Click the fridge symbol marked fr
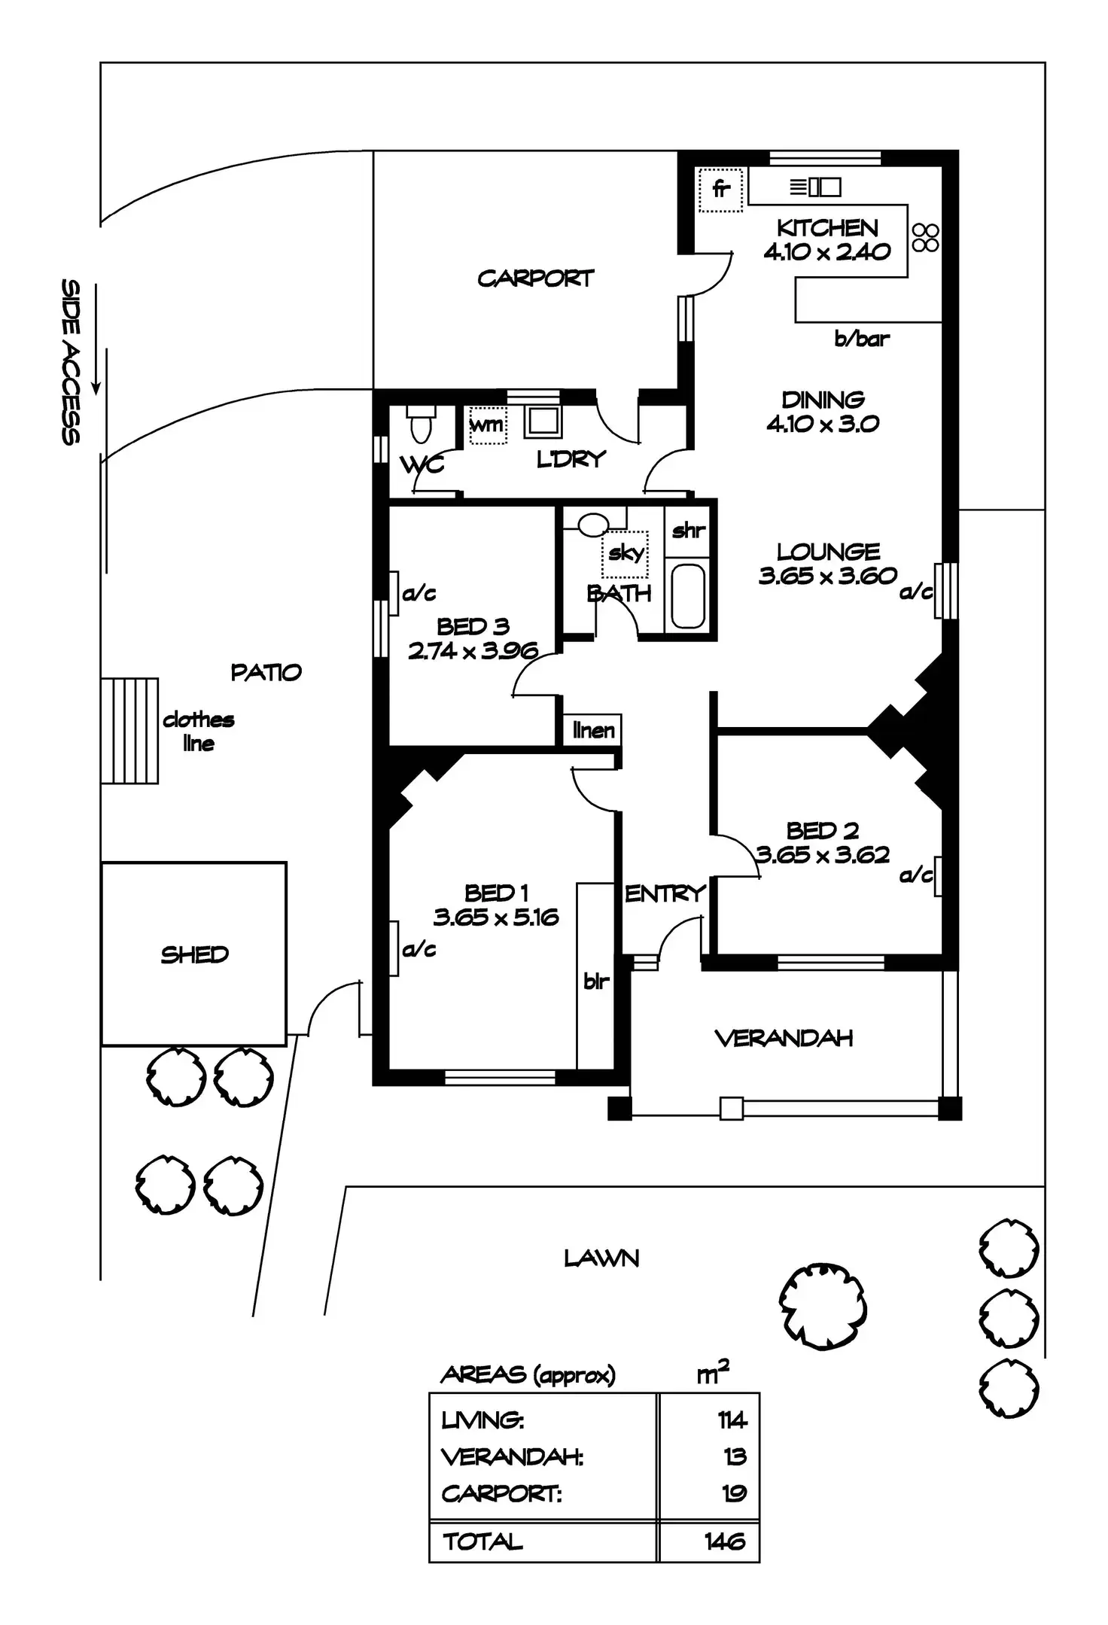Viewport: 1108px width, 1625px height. (720, 189)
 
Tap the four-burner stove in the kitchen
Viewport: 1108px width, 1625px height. (925, 237)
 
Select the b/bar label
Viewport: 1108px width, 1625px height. (861, 339)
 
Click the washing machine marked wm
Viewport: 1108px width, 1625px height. (487, 425)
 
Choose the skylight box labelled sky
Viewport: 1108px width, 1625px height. (626, 553)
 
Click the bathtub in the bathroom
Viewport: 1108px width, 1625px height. (687, 595)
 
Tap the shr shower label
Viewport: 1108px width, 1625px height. (688, 531)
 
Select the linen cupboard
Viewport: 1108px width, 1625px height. (593, 729)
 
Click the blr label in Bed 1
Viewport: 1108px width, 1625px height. (595, 981)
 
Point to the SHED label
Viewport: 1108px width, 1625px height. (194, 954)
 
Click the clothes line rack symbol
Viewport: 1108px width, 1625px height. (129, 731)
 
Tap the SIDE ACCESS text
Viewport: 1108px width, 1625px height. (71, 361)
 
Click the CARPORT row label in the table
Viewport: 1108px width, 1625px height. (501, 1493)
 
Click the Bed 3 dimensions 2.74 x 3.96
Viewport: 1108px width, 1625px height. (473, 651)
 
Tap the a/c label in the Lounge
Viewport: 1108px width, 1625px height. (915, 592)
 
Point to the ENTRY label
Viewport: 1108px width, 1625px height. (665, 893)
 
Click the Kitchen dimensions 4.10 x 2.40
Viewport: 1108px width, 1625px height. (826, 252)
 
